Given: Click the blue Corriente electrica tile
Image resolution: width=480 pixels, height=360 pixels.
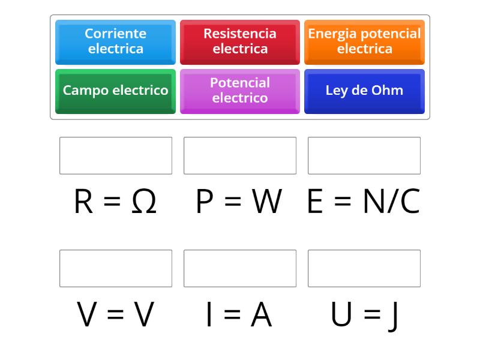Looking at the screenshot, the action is point(115,42).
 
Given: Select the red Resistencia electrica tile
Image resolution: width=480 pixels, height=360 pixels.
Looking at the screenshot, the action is point(240,42).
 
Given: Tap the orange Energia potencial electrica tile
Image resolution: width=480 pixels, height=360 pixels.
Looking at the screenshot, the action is point(364,42).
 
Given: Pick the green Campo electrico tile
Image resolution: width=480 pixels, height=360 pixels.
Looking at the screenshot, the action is point(115,91).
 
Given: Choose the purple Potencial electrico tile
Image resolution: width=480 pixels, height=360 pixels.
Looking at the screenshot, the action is point(240,91).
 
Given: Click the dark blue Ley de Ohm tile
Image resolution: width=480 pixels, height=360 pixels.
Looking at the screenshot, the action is point(364,91).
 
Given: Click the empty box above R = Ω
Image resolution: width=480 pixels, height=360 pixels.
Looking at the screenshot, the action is point(116,155).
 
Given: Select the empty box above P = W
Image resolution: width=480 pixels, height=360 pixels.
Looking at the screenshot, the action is point(240,155).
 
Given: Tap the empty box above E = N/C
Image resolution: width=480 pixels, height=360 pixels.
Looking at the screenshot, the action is point(364,155).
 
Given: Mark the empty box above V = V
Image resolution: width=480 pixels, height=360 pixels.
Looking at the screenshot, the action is point(116,268).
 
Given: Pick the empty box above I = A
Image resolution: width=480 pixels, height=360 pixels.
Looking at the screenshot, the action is point(240,268).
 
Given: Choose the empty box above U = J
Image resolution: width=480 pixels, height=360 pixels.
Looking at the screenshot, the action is point(364,268).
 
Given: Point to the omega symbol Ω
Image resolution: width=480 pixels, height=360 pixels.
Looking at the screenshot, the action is point(144,201).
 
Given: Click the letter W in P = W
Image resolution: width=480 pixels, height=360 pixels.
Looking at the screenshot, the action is point(266,201).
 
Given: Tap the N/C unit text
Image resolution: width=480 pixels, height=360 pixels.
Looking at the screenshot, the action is point(392,201).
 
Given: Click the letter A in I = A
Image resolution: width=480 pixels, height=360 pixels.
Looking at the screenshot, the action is point(261,314).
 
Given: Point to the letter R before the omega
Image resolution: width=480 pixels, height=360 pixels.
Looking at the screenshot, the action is point(83,201).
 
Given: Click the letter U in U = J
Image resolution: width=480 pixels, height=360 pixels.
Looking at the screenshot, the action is point(341,314).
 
